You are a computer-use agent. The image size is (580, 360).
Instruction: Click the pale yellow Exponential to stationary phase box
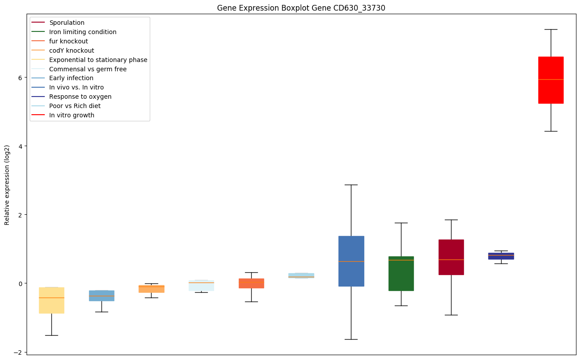[x=51, y=306]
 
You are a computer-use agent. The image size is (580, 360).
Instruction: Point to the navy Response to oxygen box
[x=501, y=256]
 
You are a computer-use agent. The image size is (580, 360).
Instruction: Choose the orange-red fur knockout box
[x=251, y=283]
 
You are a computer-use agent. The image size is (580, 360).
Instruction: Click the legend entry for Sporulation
[x=67, y=23]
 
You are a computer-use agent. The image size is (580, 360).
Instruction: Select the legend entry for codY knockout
[x=71, y=50]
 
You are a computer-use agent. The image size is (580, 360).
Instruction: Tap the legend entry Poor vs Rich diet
[x=75, y=106]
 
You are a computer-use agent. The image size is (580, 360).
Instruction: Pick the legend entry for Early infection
[x=71, y=78]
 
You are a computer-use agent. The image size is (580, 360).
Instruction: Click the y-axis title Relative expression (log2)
[x=7, y=185]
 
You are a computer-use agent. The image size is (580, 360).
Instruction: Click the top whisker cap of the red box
[x=551, y=29]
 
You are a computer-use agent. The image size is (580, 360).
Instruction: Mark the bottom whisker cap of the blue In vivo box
[x=351, y=339]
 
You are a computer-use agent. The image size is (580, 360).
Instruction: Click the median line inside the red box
[x=551, y=79]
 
